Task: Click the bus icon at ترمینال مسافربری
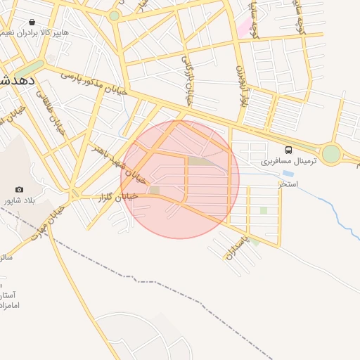click(x=288, y=150)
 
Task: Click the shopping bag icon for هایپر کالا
click(x=33, y=22)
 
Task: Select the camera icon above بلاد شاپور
click(x=19, y=190)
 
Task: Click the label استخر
click(x=288, y=184)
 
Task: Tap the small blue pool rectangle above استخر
click(x=288, y=173)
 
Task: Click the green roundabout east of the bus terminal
click(x=330, y=154)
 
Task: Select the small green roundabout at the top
click(x=114, y=15)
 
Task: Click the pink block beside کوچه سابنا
click(x=244, y=28)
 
